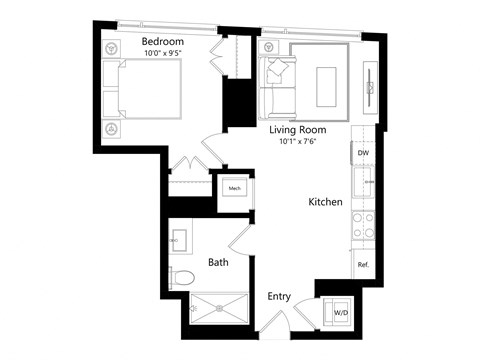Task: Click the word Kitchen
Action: tap(325, 202)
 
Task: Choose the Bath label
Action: tap(219, 263)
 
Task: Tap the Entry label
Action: tap(280, 297)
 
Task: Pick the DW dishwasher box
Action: tap(364, 153)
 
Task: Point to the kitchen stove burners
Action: tap(364, 226)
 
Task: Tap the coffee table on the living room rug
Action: tap(327, 85)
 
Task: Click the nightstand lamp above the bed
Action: tap(110, 47)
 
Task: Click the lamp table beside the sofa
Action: tap(268, 47)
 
